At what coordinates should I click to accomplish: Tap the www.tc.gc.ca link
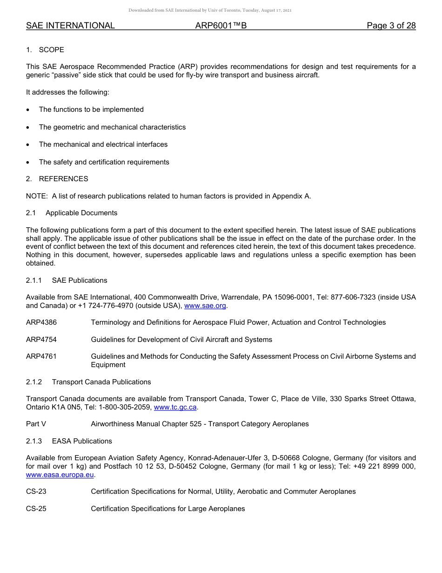(175, 407)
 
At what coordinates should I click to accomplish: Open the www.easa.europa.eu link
(60, 475)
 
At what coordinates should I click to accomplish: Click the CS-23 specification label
(36, 491)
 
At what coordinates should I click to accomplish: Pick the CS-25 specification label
(36, 509)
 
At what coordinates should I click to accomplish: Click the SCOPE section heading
(51, 50)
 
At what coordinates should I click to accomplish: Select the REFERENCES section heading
(63, 179)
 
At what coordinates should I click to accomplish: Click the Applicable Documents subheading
(81, 213)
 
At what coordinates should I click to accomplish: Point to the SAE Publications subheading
(80, 280)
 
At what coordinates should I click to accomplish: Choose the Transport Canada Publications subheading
(101, 382)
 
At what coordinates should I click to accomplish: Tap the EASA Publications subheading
(82, 441)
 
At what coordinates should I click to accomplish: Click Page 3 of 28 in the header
(391, 26)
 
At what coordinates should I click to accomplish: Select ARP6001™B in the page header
(221, 26)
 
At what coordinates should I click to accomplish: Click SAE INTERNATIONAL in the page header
(70, 26)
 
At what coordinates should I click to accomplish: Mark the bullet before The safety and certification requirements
(29, 163)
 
